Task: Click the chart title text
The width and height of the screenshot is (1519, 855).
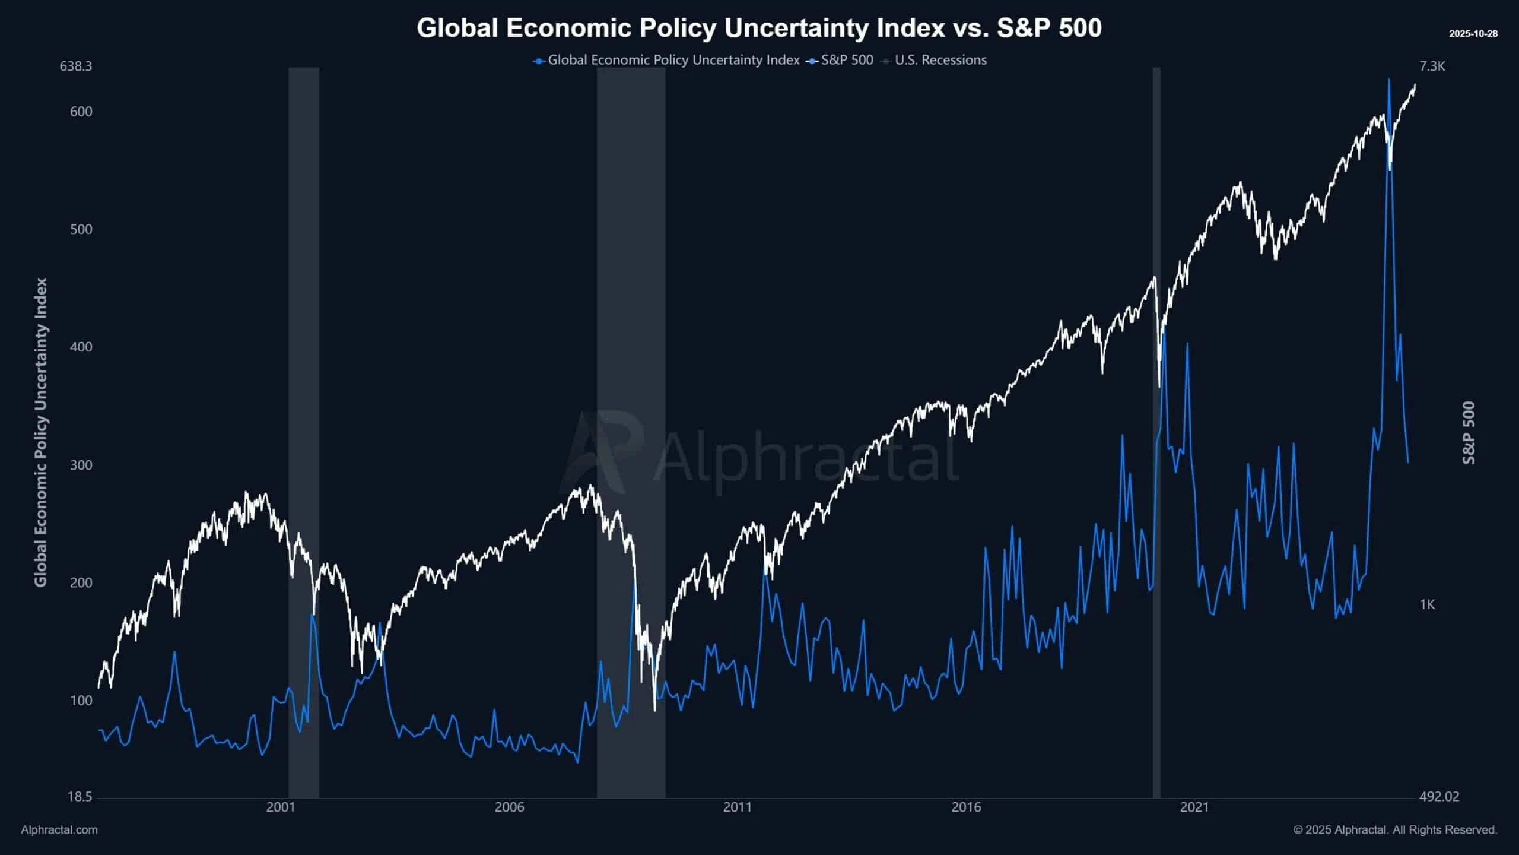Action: click(759, 28)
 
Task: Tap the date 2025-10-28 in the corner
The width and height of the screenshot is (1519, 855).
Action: click(1473, 34)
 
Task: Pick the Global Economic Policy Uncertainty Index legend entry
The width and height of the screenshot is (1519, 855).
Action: click(673, 60)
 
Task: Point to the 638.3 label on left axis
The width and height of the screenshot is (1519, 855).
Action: click(76, 66)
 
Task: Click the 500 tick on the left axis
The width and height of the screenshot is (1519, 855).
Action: click(81, 229)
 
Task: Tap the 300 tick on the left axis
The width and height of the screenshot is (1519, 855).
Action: click(81, 465)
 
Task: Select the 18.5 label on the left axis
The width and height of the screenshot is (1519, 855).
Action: click(80, 796)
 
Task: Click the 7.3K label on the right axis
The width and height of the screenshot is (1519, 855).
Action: click(1432, 66)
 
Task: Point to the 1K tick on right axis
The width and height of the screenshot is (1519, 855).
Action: click(1427, 604)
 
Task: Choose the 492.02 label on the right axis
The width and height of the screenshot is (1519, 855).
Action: click(1439, 796)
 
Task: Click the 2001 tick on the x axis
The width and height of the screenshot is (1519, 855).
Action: click(281, 807)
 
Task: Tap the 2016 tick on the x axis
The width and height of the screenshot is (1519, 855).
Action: click(966, 807)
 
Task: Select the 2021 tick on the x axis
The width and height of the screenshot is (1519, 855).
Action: click(1194, 807)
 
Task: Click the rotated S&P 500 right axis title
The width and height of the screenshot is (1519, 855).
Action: click(1468, 433)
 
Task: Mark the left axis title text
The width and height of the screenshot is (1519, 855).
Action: click(40, 433)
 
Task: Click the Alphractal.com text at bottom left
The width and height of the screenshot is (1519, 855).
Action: click(59, 830)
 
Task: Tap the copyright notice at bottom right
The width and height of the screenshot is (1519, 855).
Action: click(1395, 830)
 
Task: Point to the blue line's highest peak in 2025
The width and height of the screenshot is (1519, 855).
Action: click(1388, 80)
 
